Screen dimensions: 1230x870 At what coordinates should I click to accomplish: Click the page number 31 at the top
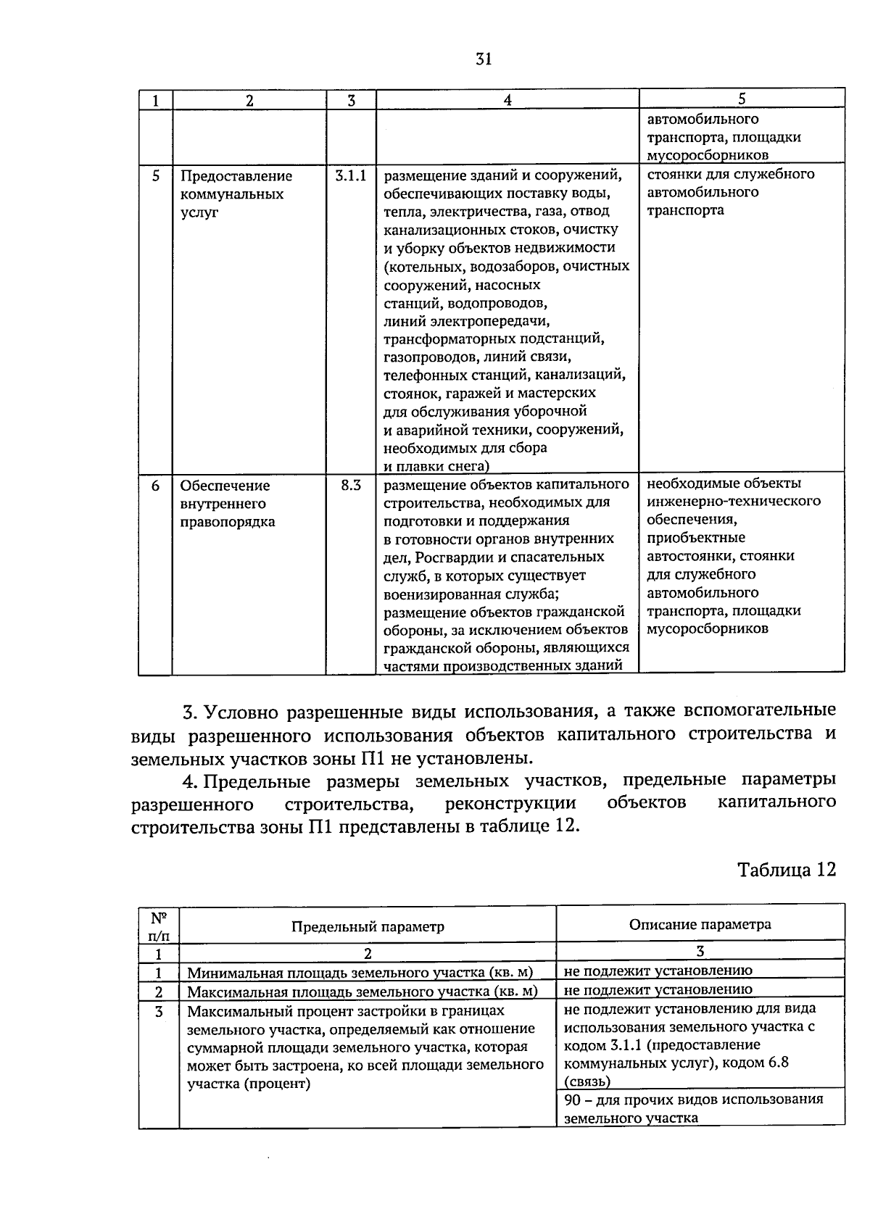point(484,59)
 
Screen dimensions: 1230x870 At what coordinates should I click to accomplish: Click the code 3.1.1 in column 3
point(351,175)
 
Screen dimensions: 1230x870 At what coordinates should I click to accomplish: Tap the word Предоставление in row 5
point(236,176)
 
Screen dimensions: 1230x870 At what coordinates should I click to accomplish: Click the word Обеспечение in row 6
point(225,486)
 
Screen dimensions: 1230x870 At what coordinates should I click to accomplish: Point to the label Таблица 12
point(787,869)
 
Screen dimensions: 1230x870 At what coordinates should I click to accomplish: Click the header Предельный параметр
point(368,926)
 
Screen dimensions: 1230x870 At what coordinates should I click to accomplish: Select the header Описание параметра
point(700,924)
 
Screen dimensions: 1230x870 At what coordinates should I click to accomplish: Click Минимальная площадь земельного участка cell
point(360,973)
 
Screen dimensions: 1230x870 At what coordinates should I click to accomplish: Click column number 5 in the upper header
point(741,100)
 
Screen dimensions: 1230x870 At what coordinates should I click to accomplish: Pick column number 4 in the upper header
point(507,101)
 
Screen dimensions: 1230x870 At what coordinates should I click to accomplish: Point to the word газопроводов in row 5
point(423,357)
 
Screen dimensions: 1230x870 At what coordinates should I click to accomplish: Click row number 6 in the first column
point(155,486)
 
